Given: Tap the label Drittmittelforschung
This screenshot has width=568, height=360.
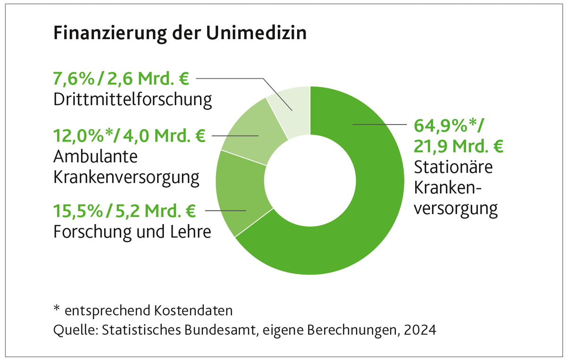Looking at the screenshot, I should click(132, 100).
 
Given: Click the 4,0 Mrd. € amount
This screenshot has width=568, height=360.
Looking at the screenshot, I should click(165, 136).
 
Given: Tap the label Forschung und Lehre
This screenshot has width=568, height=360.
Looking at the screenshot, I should click(132, 232).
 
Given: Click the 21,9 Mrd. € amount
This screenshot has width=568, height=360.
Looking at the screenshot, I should click(458, 146).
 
